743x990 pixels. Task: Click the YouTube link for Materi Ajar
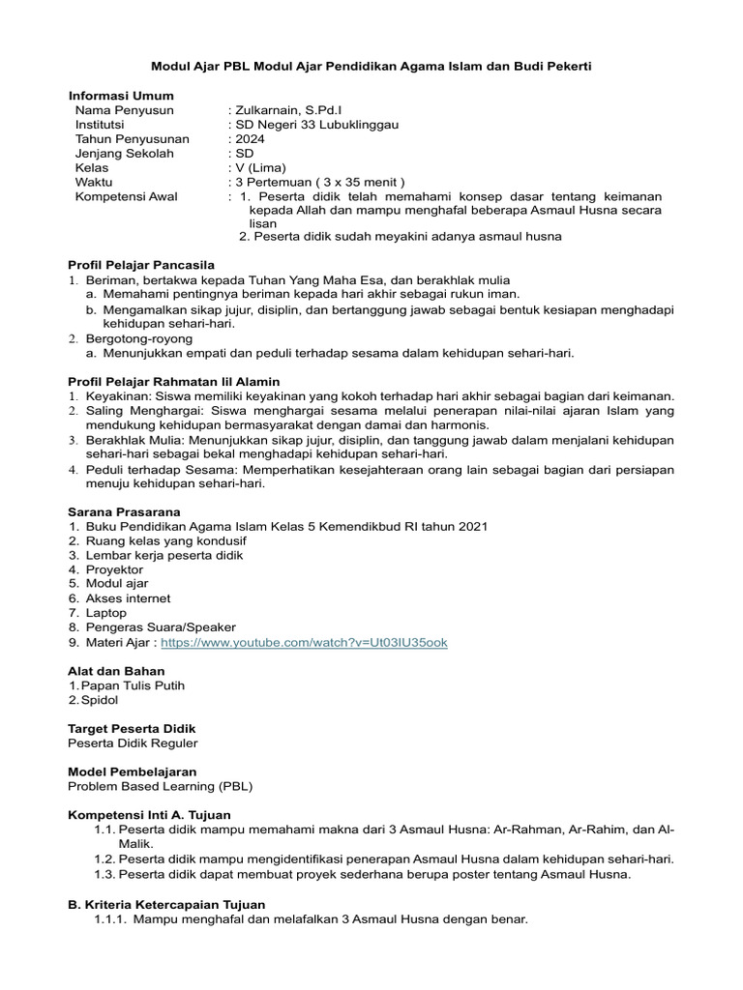(x=304, y=642)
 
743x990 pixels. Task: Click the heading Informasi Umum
(x=120, y=96)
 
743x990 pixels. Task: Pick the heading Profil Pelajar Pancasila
(x=141, y=265)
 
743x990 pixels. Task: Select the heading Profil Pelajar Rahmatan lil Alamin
(x=173, y=382)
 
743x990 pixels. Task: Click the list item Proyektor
(x=114, y=570)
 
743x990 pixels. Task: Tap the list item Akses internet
(x=128, y=598)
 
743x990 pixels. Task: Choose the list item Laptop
(x=105, y=613)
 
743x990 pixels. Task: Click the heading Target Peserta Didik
(x=132, y=728)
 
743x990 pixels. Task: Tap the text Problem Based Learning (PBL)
(x=160, y=786)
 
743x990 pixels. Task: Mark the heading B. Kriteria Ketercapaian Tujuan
(x=166, y=904)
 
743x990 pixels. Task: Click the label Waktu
(x=94, y=182)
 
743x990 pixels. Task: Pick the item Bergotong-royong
(x=139, y=338)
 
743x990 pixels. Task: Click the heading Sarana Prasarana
(x=124, y=511)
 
